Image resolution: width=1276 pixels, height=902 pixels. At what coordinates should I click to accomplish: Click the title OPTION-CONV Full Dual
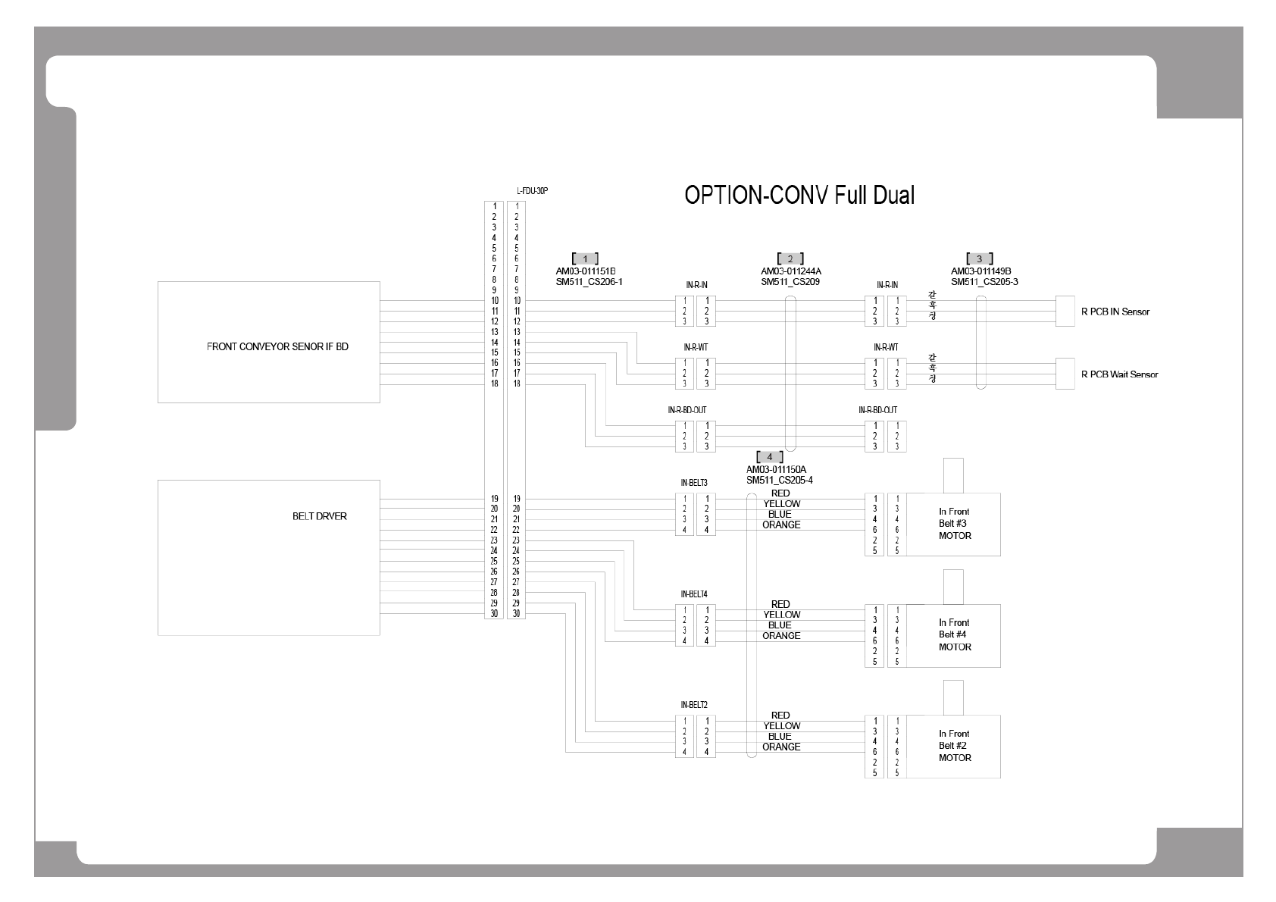pos(799,196)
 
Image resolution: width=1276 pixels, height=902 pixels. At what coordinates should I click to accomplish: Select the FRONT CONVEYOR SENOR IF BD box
pos(268,342)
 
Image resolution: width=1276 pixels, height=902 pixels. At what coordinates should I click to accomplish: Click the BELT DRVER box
pos(268,557)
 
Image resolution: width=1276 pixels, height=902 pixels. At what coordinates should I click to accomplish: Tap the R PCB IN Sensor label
pos(1115,312)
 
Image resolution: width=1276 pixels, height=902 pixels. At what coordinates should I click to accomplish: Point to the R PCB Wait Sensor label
pos(1119,374)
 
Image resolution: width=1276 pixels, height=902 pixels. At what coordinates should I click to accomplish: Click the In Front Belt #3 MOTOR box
pos(954,524)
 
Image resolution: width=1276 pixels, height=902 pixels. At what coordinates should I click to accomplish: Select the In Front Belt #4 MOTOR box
pos(954,635)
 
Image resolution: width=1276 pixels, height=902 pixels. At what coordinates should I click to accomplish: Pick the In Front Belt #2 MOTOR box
pos(954,746)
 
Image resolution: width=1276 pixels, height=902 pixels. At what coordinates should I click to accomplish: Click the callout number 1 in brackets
pos(585,259)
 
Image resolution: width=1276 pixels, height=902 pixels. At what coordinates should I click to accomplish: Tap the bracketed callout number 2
pos(790,259)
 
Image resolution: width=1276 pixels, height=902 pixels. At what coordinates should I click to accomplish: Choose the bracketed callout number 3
pos(979,259)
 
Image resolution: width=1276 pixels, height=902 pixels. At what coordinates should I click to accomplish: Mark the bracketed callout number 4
pos(770,457)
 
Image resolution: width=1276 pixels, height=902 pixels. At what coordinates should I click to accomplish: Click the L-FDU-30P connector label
pos(532,191)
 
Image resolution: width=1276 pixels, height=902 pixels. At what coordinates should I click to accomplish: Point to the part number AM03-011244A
pos(790,271)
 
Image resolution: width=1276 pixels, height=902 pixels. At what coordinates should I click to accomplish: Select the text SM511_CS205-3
pos(984,282)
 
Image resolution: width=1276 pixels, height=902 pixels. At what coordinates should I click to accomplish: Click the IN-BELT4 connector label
pos(694,594)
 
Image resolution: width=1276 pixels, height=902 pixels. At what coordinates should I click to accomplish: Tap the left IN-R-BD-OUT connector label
pos(687,410)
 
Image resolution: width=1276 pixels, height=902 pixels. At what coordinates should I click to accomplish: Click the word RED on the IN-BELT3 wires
pos(780,493)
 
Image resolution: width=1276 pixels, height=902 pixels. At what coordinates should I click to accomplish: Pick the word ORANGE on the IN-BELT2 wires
pos(781,747)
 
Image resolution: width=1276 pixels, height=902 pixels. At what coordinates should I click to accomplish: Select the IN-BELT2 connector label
pos(694,705)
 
